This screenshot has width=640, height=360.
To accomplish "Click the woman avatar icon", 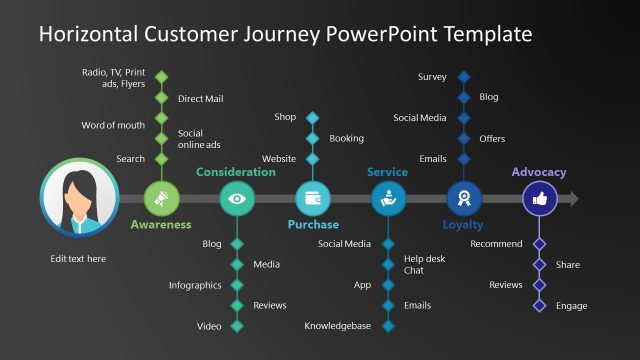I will click(79, 199).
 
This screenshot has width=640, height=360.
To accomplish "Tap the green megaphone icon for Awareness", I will click(161, 199).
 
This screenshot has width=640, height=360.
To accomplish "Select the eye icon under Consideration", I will click(237, 199).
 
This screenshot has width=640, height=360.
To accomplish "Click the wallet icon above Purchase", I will click(312, 199).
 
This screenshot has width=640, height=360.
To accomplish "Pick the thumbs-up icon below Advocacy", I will click(540, 199).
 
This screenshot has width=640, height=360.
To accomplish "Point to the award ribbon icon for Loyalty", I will click(463, 199).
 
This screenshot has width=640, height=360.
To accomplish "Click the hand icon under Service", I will click(388, 199).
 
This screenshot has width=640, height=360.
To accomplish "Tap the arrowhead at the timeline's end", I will click(572, 199).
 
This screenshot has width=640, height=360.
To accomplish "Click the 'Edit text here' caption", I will click(78, 259).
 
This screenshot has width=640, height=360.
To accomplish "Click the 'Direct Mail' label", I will click(200, 99).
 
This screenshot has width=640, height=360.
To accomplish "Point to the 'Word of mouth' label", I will click(113, 125).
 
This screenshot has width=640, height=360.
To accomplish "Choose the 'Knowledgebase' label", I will click(338, 326).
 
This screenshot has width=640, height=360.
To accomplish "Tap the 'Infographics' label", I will click(195, 285).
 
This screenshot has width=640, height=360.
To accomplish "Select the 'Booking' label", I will click(346, 138).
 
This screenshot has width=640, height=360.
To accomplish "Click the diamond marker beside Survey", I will click(463, 77).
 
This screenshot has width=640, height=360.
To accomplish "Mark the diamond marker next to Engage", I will click(540, 306).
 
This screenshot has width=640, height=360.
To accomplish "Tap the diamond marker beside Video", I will click(237, 326).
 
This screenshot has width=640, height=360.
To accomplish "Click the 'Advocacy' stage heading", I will click(538, 172).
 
